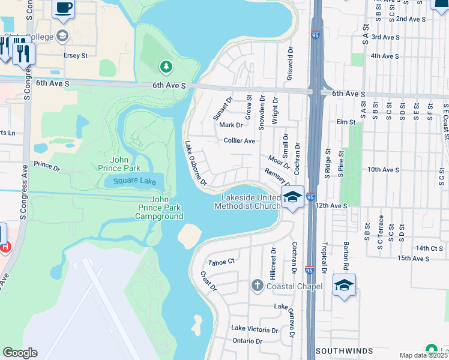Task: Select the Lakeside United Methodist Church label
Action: click(x=248, y=202)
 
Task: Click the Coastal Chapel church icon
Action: click(x=257, y=285)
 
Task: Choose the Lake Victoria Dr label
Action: click(x=255, y=329)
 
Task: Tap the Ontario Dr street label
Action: click(x=247, y=341)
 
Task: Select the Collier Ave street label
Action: click(x=240, y=141)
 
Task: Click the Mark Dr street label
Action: click(x=231, y=125)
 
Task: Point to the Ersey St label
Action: click(x=76, y=55)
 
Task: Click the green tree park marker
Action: click(x=166, y=65)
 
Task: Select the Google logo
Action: click(x=20, y=353)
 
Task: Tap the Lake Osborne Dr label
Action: click(x=196, y=163)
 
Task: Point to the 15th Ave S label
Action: click(x=414, y=258)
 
